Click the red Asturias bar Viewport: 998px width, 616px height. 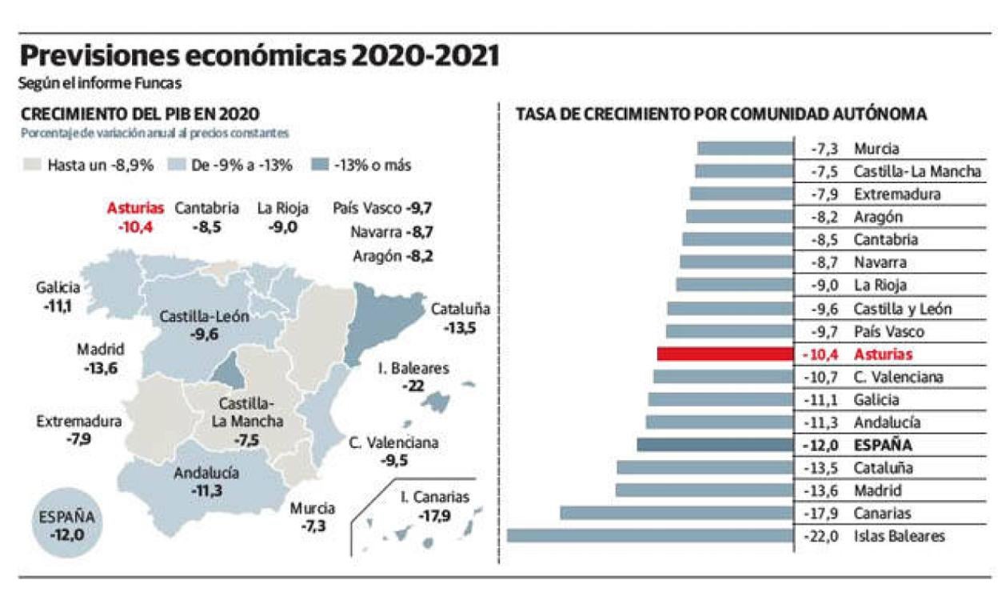point(725,354)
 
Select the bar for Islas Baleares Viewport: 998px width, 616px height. point(649,536)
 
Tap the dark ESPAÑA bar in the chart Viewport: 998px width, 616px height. point(715,445)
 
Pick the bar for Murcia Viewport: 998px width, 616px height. point(745,148)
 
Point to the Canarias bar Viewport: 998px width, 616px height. point(677,513)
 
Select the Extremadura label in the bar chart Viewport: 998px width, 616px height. point(896,194)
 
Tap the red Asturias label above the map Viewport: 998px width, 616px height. point(135,208)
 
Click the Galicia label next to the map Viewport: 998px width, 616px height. point(58,288)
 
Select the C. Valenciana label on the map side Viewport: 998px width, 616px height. point(393,442)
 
